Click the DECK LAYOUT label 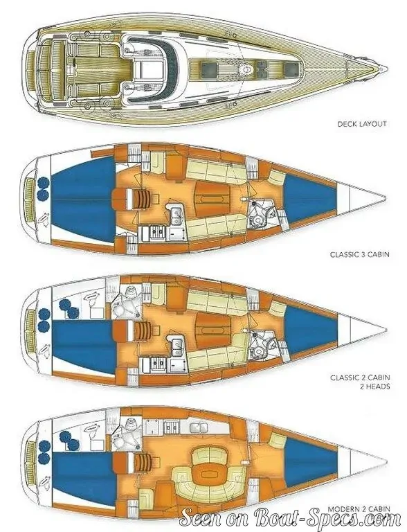(362, 124)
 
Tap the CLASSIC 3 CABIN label (360, 254)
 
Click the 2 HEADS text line (374, 386)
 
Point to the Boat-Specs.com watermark (291, 520)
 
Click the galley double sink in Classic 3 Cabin (176, 215)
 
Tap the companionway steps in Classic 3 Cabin (138, 199)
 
